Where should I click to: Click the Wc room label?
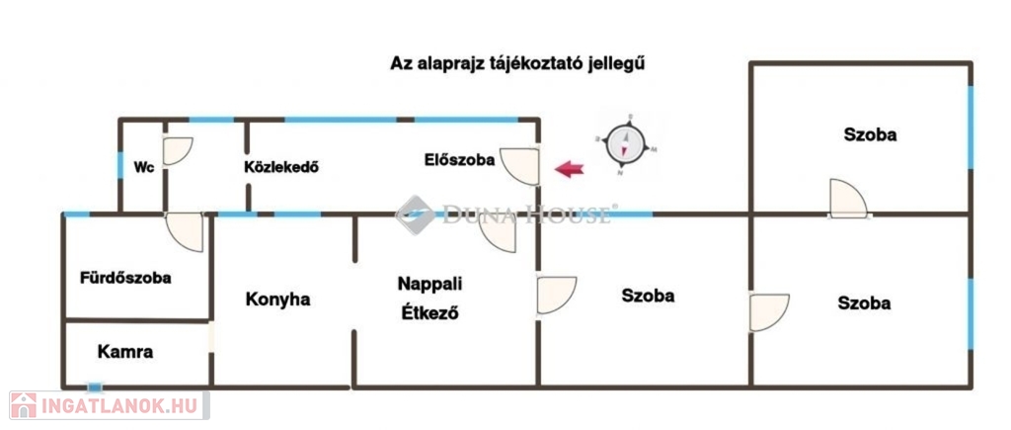pyautogui.click(x=143, y=168)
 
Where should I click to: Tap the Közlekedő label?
pyautogui.click(x=280, y=168)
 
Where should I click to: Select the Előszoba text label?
pyautogui.click(x=459, y=159)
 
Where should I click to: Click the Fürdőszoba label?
pyautogui.click(x=125, y=278)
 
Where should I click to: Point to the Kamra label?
pyautogui.click(x=125, y=351)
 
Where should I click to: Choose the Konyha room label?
pyautogui.click(x=277, y=299)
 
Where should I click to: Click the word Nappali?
pyautogui.click(x=429, y=284)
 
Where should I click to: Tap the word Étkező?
pyautogui.click(x=429, y=315)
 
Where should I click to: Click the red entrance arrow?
pyautogui.click(x=569, y=169)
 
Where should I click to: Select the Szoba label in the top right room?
pyautogui.click(x=870, y=134)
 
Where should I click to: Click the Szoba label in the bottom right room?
pyautogui.click(x=864, y=303)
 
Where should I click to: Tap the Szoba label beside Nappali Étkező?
pyautogui.click(x=648, y=296)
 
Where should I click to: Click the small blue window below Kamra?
pyautogui.click(x=94, y=387)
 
